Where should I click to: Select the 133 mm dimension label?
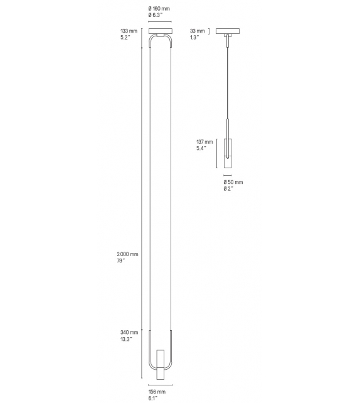pyautogui.click(x=129, y=30)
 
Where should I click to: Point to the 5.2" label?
pyautogui.click(x=125, y=37)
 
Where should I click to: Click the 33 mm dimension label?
pyautogui.click(x=197, y=30)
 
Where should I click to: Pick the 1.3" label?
pyautogui.click(x=194, y=37)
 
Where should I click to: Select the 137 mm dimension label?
pyautogui.click(x=206, y=142)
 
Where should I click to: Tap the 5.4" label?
pyautogui.click(x=202, y=149)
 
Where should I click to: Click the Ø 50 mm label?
pyautogui.click(x=233, y=182)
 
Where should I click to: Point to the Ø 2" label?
pyautogui.click(x=228, y=189)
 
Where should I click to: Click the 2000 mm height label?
pyautogui.click(x=127, y=254)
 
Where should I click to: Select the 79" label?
pyautogui.click(x=121, y=261)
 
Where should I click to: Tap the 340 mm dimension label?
pyautogui.click(x=129, y=333)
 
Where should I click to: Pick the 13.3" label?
pyautogui.click(x=126, y=340)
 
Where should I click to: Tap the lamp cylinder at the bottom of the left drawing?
pyautogui.click(x=160, y=364)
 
